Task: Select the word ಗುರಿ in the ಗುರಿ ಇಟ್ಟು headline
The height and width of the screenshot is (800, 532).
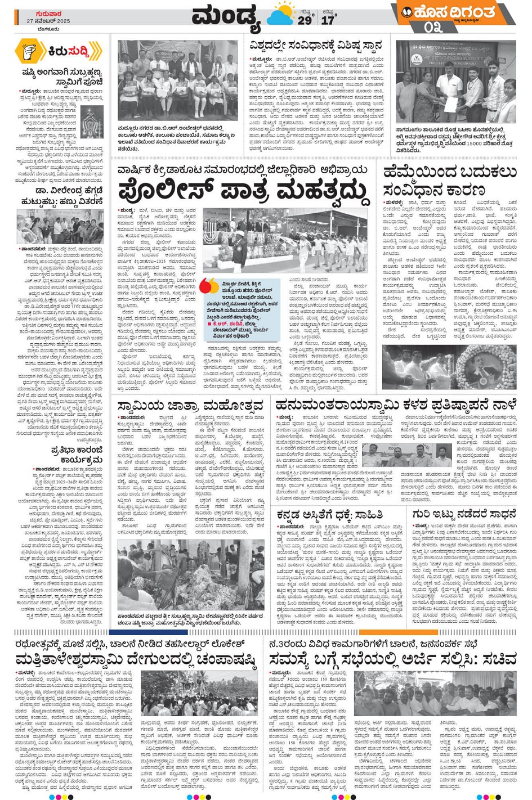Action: click(422, 515)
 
